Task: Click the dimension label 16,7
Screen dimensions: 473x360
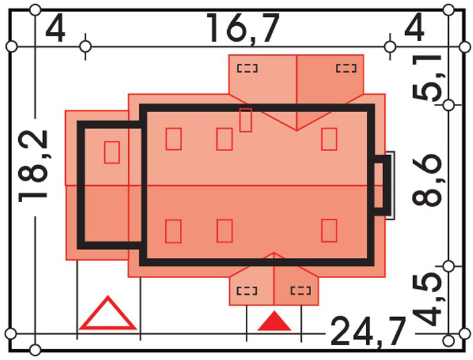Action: tap(243, 29)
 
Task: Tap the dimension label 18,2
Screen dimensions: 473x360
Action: tap(32, 166)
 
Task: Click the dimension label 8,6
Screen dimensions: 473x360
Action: tap(427, 180)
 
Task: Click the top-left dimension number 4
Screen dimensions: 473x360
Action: tap(55, 29)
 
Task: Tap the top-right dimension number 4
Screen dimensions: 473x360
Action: tap(415, 28)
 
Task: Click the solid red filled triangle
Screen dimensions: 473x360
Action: tap(274, 321)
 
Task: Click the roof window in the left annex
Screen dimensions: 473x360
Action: tap(112, 152)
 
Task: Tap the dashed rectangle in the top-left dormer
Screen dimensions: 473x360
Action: tap(247, 69)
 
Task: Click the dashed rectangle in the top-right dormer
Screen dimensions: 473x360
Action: tap(346, 69)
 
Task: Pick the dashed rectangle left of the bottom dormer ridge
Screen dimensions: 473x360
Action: tap(247, 291)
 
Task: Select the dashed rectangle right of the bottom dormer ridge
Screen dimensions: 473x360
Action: tap(301, 291)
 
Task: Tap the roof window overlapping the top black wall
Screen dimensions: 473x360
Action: tap(245, 120)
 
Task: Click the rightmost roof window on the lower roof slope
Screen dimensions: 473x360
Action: tap(329, 230)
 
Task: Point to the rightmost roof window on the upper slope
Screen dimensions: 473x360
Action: tap(329, 139)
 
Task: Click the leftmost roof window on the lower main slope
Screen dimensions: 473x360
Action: tap(173, 231)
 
